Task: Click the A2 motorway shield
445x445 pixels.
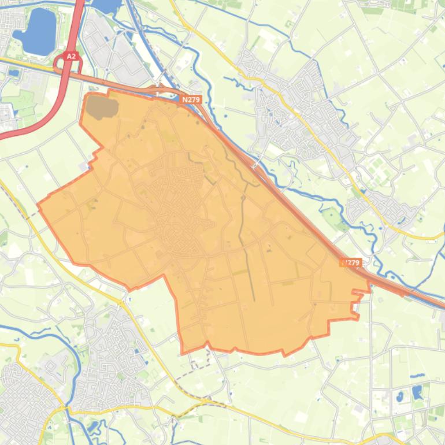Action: coord(71,56)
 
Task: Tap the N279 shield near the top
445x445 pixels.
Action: coord(190,100)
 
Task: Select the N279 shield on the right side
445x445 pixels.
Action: coord(351,262)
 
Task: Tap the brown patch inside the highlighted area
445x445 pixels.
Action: coord(102,106)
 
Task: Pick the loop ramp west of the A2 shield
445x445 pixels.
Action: coord(60,63)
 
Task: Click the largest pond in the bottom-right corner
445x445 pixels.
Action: coord(417,392)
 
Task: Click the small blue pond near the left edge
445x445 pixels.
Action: coord(13,73)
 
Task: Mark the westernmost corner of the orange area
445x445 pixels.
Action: coord(38,204)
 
